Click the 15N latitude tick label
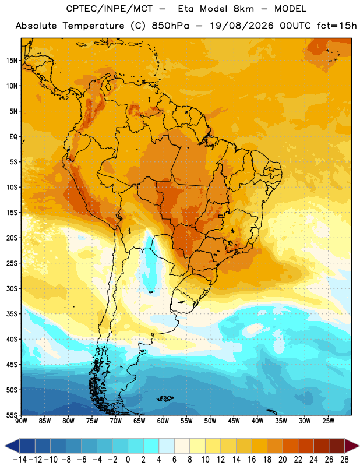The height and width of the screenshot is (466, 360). (12, 61)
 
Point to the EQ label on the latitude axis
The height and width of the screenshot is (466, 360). (13, 137)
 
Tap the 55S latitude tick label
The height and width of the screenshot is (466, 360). (12, 415)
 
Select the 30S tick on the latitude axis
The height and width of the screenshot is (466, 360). (12, 288)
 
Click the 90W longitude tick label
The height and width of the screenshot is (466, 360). (21, 421)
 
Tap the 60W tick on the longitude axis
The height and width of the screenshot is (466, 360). (163, 421)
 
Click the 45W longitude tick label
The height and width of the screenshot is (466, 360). (234, 421)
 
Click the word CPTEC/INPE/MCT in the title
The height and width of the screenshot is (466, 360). (110, 9)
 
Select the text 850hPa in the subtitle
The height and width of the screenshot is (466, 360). (170, 26)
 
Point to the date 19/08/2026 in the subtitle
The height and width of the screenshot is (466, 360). (242, 26)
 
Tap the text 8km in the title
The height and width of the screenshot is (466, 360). (243, 9)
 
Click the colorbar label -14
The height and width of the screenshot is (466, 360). (20, 460)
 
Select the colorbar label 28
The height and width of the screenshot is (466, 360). (344, 460)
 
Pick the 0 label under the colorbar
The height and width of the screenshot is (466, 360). (128, 460)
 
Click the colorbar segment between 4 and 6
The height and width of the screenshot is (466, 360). (167, 446)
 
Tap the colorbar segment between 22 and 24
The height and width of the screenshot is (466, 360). (306, 446)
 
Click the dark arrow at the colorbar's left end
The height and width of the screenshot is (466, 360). (12, 446)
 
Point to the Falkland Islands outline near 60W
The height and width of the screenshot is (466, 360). (165, 398)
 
